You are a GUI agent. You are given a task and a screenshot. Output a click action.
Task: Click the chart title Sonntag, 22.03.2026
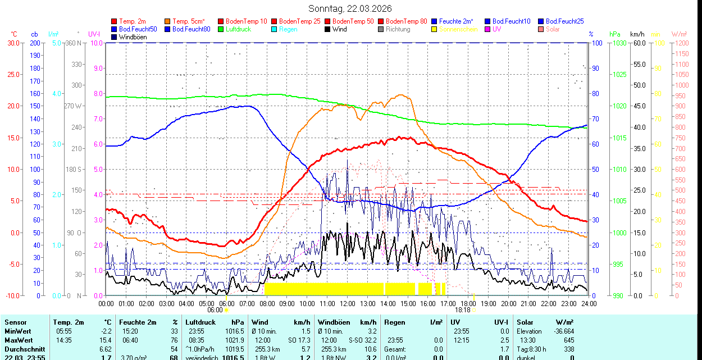(350, 8)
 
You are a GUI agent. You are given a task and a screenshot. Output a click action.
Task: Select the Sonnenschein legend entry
(458, 29)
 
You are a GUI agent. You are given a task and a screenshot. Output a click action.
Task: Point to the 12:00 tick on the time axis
(348, 303)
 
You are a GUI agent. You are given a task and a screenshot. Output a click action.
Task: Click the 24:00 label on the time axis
(589, 303)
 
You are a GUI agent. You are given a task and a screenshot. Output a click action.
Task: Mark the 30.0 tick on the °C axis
(12, 43)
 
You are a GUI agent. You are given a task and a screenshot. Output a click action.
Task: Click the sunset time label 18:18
(462, 309)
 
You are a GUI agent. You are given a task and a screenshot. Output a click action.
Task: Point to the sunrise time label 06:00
(215, 309)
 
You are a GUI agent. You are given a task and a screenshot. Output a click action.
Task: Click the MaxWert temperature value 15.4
(106, 340)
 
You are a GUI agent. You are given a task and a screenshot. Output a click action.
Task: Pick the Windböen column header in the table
(334, 322)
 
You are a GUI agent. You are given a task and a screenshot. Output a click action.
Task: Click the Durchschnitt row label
(24, 349)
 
